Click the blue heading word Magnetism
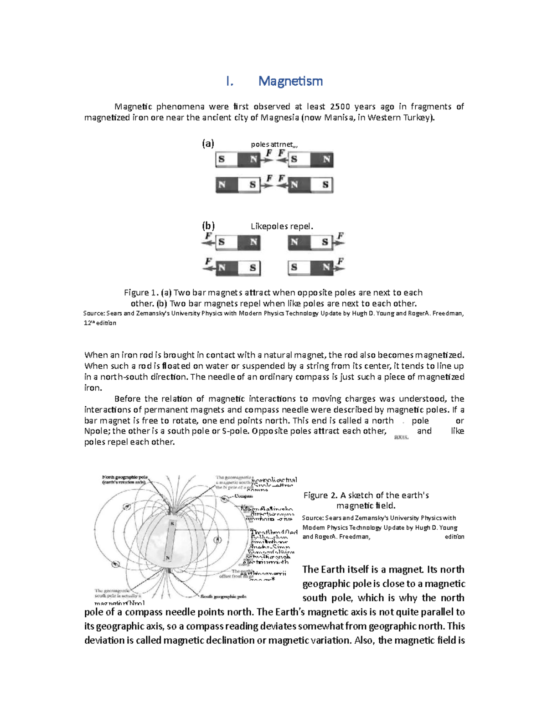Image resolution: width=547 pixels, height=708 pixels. [x=290, y=81]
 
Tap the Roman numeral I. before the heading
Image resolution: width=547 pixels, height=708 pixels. [x=230, y=81]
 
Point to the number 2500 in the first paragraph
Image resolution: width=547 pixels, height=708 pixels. [x=340, y=107]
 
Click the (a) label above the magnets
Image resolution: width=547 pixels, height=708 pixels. [x=208, y=144]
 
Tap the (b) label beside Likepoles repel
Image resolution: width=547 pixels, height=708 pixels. [x=208, y=226]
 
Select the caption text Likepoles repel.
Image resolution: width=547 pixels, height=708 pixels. [x=282, y=227]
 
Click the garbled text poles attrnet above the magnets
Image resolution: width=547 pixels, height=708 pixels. [x=273, y=145]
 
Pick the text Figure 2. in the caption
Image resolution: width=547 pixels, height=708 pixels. [x=320, y=496]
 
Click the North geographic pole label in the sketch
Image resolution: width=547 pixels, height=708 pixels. [x=124, y=477]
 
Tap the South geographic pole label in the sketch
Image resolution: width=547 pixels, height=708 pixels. [x=223, y=596]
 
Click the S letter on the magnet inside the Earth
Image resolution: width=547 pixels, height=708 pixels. [x=172, y=524]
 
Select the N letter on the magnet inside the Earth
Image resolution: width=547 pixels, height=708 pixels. [x=168, y=558]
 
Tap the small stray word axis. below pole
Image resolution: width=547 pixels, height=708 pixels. [x=401, y=437]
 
